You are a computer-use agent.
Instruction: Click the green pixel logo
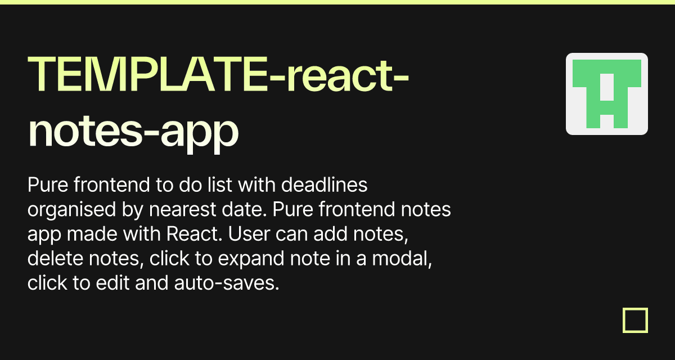pyautogui.click(x=607, y=94)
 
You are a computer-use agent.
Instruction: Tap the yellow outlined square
pyautogui.click(x=636, y=320)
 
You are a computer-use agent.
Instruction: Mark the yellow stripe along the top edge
pyautogui.click(x=337, y=2)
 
